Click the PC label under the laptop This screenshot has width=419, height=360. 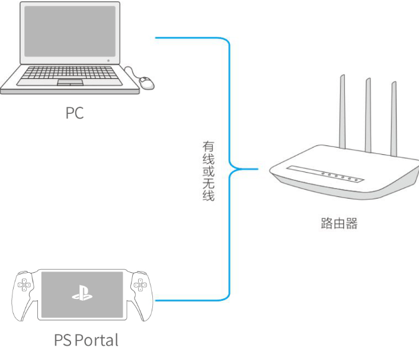click(x=75, y=113)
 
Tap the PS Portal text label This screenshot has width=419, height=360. click(x=86, y=340)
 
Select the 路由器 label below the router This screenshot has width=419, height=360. click(x=340, y=224)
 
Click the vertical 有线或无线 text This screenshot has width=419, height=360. click(x=208, y=171)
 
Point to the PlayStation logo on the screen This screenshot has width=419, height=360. click(x=82, y=293)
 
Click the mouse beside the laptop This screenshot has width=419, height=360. click(x=146, y=82)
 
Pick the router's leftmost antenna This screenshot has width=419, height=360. click(x=342, y=113)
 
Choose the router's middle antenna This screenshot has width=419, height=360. click(x=368, y=116)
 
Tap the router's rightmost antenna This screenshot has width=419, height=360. click(x=394, y=119)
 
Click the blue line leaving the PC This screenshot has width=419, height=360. click(x=190, y=39)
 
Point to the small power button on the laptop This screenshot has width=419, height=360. click(x=108, y=60)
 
